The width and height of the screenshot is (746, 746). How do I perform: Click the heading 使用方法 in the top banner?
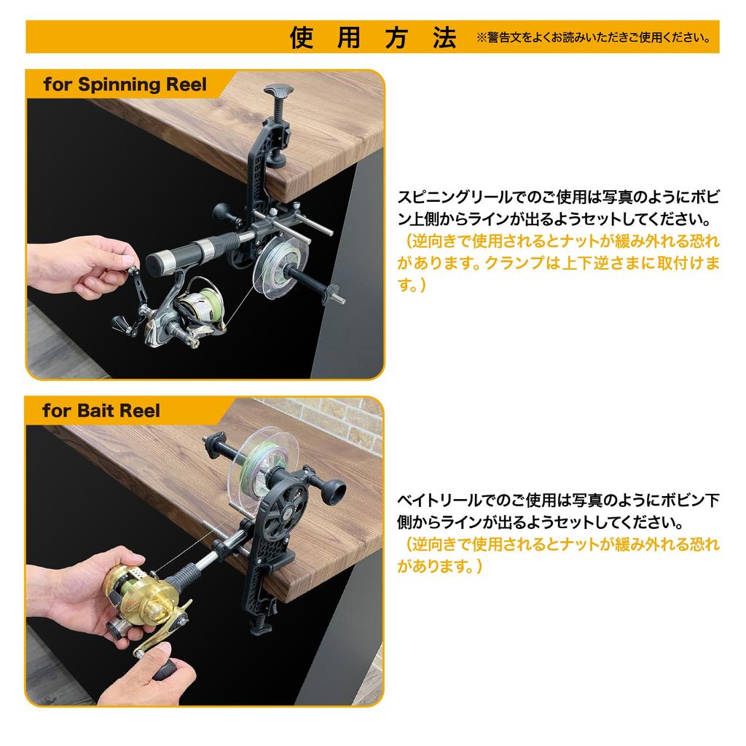coord(373,37)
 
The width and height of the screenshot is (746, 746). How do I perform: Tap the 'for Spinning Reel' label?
coord(125,85)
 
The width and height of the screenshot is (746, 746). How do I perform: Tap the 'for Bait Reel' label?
coord(101,410)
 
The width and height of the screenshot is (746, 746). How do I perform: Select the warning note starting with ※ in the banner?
coord(594,38)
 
